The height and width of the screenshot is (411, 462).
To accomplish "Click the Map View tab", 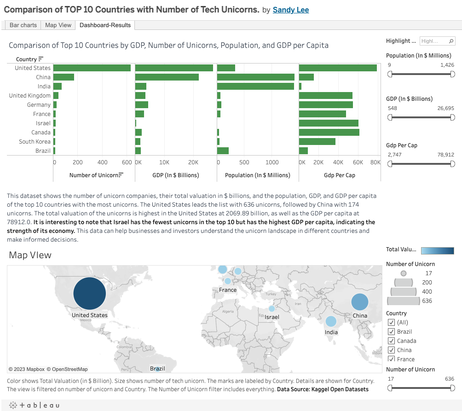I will click(x=58, y=25).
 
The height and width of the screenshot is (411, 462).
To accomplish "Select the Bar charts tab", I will click(x=23, y=25).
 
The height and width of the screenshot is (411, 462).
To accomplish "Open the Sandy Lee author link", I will click(x=291, y=10).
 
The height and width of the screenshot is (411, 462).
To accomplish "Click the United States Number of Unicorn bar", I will click(x=92, y=68).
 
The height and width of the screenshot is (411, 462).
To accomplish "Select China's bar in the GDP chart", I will click(x=167, y=77).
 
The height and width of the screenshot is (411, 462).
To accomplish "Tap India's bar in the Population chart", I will click(x=255, y=87).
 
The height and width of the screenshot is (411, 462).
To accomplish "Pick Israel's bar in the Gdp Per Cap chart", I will click(x=329, y=123).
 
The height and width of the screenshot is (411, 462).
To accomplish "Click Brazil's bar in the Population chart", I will click(x=223, y=151).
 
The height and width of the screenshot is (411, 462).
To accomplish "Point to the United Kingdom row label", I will click(x=30, y=96).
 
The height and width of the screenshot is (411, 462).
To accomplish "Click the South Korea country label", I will click(x=35, y=142).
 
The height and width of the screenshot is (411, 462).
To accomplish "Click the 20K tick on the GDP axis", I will click(x=193, y=162).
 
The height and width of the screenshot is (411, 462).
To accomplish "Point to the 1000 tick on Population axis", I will click(x=272, y=162).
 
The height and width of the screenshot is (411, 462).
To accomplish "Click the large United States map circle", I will click(x=90, y=294).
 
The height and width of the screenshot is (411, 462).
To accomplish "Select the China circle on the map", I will click(x=360, y=302).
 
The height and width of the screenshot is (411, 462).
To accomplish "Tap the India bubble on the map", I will click(x=330, y=321).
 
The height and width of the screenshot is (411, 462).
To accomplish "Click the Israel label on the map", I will click(x=272, y=317).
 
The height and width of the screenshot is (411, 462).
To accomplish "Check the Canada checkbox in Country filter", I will click(x=392, y=341).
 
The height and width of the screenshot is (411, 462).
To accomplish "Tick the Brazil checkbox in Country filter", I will click(x=392, y=332).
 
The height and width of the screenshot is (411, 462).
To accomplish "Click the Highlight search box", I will click(x=434, y=41).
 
